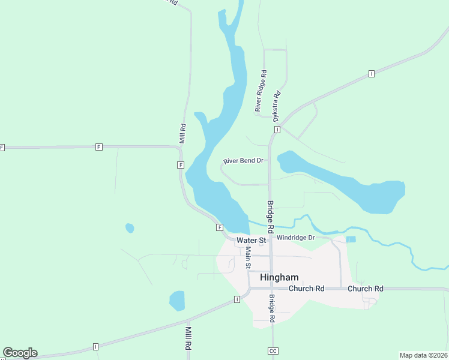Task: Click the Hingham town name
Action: tap(279, 277)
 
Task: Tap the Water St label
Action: tap(251, 240)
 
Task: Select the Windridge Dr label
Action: tap(295, 238)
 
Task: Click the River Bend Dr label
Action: tap(244, 161)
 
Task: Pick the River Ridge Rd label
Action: tap(261, 91)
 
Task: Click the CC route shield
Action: tap(273, 351)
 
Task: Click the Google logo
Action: tap(19, 353)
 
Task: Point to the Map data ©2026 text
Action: tap(424, 355)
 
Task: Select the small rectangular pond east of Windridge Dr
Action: tap(351, 239)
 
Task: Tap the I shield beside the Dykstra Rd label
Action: tap(277, 130)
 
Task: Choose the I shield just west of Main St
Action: tap(237, 299)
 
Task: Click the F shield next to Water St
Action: tap(220, 227)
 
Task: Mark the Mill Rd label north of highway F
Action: tap(183, 133)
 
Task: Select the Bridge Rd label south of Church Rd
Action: tap(272, 309)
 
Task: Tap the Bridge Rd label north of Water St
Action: tap(270, 217)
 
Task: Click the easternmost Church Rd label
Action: tap(365, 289)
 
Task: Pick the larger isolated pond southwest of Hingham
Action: tap(177, 301)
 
